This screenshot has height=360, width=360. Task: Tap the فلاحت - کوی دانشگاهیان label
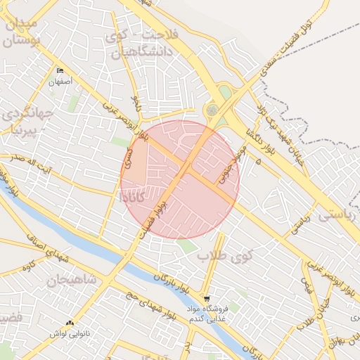pyautogui.click(x=141, y=42)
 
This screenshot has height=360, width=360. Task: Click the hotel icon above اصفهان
pyautogui.click(x=60, y=71)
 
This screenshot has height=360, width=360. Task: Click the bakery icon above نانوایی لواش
pyautogui.click(x=69, y=323)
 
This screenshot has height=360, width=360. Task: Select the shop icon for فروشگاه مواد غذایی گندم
pyautogui.click(x=206, y=299)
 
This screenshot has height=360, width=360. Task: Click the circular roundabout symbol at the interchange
pyautogui.click(x=212, y=110)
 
